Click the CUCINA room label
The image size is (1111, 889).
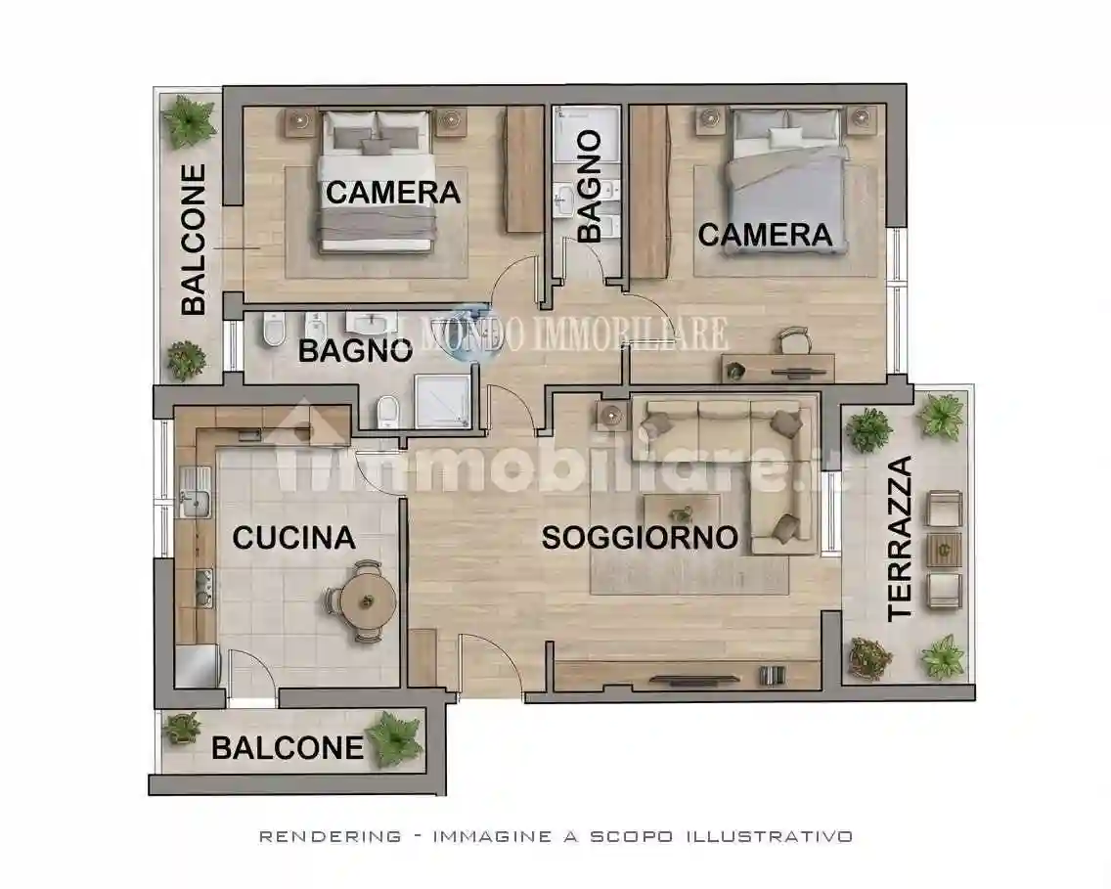[293, 537]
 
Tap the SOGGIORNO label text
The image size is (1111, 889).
[640, 537]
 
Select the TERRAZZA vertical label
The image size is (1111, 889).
[899, 538]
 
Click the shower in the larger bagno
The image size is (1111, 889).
[443, 401]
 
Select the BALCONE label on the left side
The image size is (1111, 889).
[194, 240]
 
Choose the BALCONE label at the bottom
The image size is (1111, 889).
[288, 748]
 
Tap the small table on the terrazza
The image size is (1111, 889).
[944, 550]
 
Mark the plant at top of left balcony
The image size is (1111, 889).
[189, 121]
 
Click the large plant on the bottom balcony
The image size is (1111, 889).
[395, 737]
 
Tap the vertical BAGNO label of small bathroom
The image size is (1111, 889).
[589, 187]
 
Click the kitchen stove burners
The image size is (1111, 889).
[203, 587]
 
